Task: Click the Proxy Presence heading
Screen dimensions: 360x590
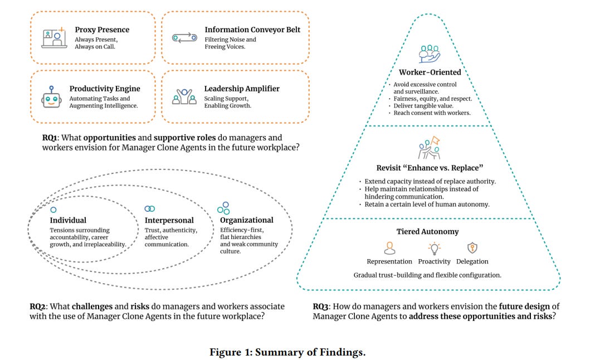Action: click(102, 30)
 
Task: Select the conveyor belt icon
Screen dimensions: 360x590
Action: click(184, 37)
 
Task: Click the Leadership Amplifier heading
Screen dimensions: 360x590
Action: click(242, 89)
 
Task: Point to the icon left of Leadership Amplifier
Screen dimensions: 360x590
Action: click(184, 98)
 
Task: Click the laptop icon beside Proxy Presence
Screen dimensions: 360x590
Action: click(54, 37)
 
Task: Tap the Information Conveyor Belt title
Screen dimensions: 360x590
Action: click(252, 30)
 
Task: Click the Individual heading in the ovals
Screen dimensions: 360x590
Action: click(68, 220)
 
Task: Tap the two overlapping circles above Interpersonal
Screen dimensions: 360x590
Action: click(150, 208)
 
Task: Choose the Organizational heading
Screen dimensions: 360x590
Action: click(246, 220)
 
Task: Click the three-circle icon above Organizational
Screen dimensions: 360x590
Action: click(223, 208)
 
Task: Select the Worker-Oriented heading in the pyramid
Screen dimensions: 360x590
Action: click(430, 72)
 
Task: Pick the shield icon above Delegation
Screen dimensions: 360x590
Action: click(472, 249)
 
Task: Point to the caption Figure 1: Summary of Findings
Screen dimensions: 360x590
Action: click(287, 352)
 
